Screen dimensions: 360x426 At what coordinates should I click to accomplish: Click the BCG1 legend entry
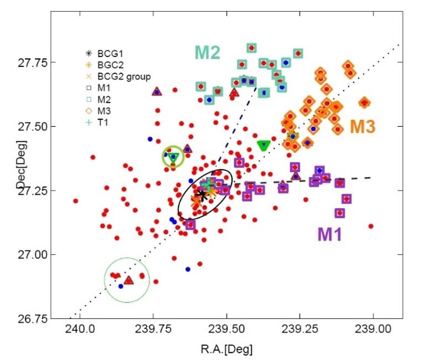click(x=105, y=54)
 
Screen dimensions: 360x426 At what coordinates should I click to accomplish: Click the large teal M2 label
click(x=207, y=53)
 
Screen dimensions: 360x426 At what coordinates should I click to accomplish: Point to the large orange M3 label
click(x=362, y=127)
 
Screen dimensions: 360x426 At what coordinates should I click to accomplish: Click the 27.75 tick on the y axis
click(x=34, y=62)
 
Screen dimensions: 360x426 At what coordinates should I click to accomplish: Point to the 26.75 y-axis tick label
click(x=34, y=318)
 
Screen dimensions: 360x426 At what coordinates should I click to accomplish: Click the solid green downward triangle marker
click(x=264, y=146)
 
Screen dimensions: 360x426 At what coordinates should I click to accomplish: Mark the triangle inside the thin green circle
click(x=128, y=280)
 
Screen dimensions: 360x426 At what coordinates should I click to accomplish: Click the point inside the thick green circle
click(x=173, y=157)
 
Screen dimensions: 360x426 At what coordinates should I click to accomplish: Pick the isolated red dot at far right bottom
click(x=371, y=226)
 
